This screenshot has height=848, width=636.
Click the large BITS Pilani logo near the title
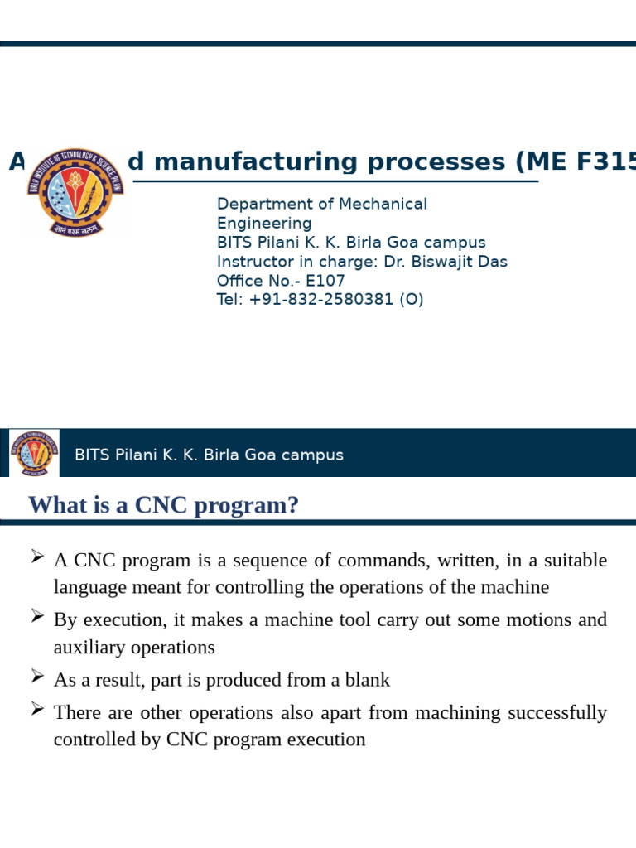click(75, 191)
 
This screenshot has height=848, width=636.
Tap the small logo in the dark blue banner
click(34, 453)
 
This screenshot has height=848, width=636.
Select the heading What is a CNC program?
click(163, 504)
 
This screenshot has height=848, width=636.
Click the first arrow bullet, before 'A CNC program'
click(36, 556)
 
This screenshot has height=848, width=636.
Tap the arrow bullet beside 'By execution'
click(36, 616)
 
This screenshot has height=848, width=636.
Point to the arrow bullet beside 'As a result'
click(36, 677)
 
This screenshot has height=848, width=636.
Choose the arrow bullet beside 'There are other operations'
click(36, 708)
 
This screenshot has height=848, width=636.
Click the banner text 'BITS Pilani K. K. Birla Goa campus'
click(209, 455)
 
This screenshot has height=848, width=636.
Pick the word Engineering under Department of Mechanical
click(264, 224)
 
